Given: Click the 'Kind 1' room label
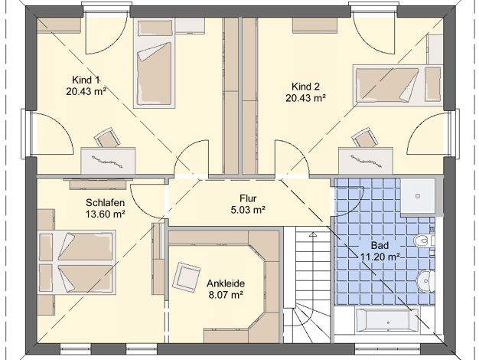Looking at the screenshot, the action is coord(86,80).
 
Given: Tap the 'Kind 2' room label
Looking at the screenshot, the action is coord(305,87).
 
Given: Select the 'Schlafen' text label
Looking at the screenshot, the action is coord(105,202).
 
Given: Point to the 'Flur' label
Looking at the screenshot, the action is coord(248,198).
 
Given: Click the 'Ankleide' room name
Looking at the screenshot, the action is coord(226,283).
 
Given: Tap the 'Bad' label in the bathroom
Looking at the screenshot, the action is coord(380,245).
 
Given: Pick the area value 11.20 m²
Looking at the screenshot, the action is coord(380,257).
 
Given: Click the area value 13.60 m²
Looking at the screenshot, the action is coord(105,214).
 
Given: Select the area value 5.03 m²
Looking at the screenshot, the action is coord(248,210).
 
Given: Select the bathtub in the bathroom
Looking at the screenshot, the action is coord(387,321).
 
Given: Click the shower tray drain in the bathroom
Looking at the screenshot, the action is coord(418,196).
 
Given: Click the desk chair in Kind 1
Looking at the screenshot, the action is coord(107,138).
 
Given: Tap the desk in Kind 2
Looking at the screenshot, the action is coord(366,161).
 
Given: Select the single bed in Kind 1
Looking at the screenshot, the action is coord(154,64).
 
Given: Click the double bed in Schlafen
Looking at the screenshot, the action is coord(77,263).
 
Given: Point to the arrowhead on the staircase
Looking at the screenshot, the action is coord(312,235).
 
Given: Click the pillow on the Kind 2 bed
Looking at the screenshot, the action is coord(432,84).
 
